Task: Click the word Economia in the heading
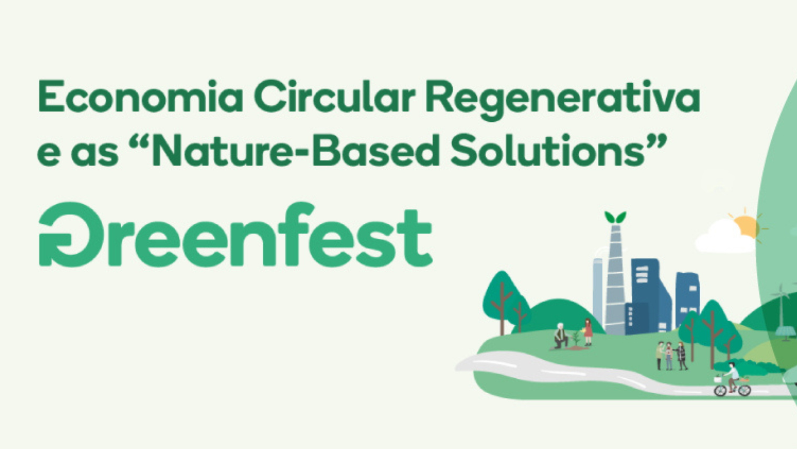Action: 140,97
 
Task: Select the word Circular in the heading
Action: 335,97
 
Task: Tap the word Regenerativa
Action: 563,100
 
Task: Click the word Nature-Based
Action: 295,150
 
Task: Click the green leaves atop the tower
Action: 615,217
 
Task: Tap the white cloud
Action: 724,237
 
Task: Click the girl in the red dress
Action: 588,332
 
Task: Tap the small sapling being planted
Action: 576,338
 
